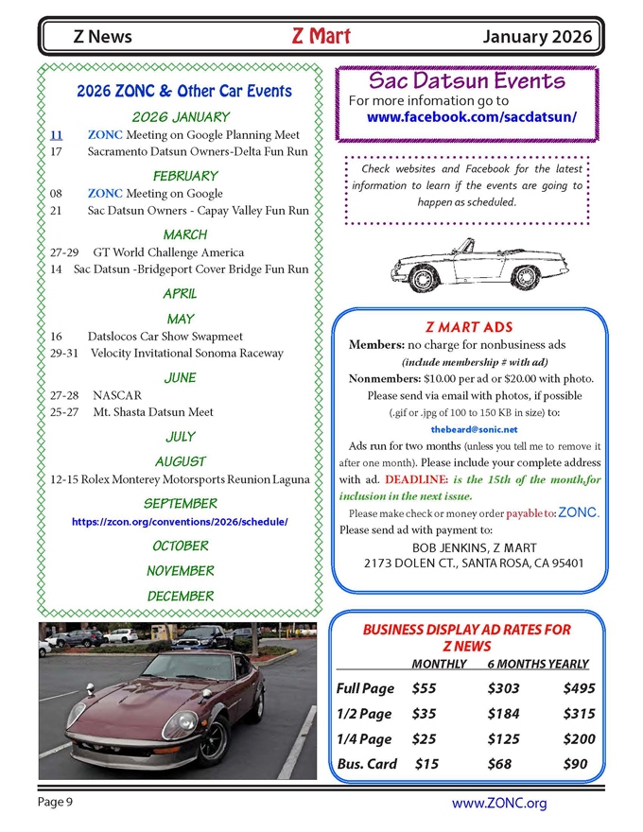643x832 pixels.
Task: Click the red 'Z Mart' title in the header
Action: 321,37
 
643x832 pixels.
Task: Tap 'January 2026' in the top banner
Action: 537,38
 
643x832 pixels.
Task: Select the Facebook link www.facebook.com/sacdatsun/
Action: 471,118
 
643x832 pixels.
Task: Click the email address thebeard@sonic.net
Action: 474,429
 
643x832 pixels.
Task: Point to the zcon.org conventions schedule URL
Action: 180,522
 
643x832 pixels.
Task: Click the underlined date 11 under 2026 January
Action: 56,135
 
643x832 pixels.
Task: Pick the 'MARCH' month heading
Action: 184,234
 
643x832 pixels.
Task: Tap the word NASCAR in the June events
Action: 117,395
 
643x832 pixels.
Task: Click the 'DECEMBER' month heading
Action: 181,596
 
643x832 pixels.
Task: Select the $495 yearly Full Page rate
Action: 579,688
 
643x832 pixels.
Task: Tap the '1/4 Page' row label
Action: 364,739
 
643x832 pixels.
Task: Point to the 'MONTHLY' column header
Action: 439,664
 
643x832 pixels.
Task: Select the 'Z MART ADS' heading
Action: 469,327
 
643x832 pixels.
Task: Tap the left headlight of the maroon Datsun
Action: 180,726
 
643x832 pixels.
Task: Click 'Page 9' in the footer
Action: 56,802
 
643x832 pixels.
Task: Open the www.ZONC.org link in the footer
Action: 499,804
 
